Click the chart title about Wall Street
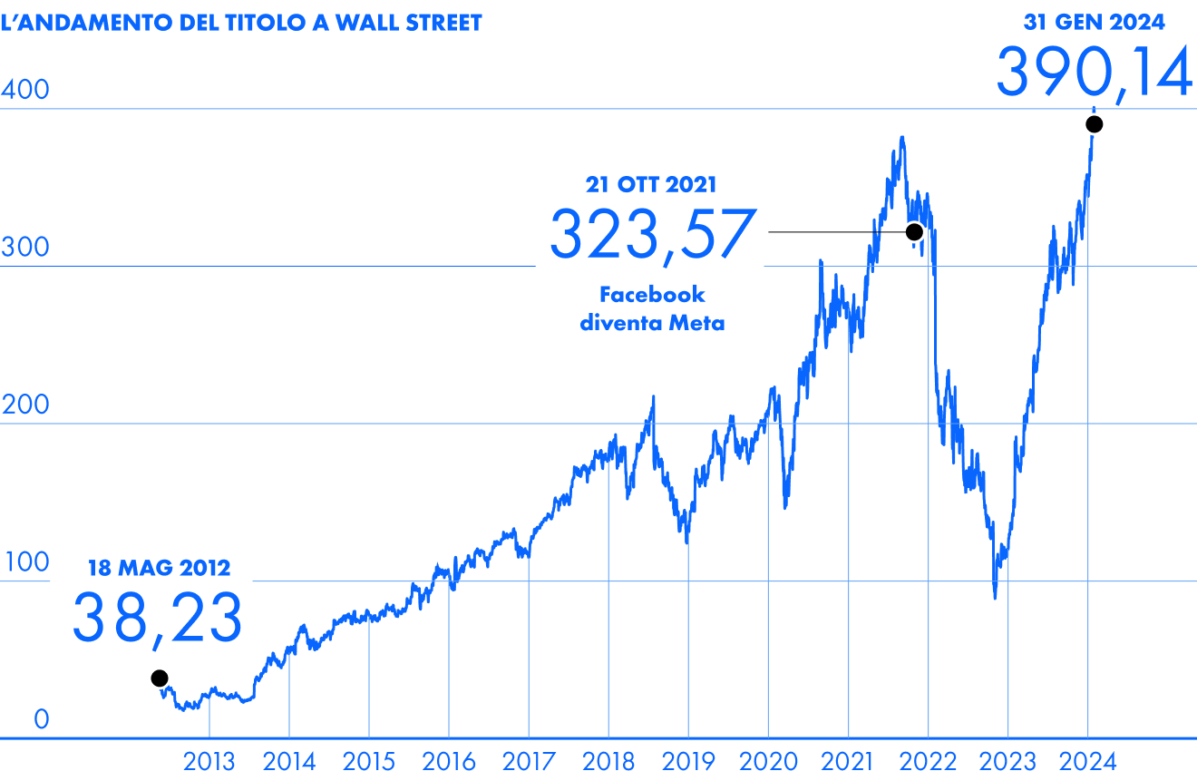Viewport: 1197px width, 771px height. [241, 23]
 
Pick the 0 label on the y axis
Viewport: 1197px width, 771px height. [41, 720]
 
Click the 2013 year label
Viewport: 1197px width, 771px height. [209, 761]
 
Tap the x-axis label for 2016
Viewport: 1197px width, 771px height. [448, 761]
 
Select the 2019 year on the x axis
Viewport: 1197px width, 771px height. [687, 761]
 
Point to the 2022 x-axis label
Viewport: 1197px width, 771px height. [928, 761]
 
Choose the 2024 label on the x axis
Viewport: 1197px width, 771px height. [1087, 761]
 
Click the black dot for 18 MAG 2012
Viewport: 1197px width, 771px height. [160, 678]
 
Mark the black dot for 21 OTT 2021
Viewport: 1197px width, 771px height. [914, 232]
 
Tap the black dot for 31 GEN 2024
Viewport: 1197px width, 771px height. [1095, 124]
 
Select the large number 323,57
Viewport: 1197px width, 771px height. [652, 235]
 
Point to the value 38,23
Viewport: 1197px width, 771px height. [157, 618]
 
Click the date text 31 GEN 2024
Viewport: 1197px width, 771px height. [1095, 23]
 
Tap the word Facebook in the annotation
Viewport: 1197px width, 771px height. [652, 295]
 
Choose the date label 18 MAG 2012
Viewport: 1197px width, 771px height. [159, 569]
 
